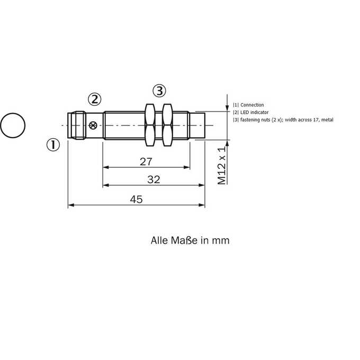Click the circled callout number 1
click(x=53, y=145)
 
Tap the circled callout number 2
click(x=95, y=100)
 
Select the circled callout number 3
click(x=159, y=91)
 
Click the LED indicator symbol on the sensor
click(x=93, y=125)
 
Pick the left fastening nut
click(x=150, y=125)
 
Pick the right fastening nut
click(x=167, y=125)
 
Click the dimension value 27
click(x=146, y=161)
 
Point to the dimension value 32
click(x=154, y=179)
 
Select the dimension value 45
click(x=136, y=199)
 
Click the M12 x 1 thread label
click(x=222, y=165)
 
